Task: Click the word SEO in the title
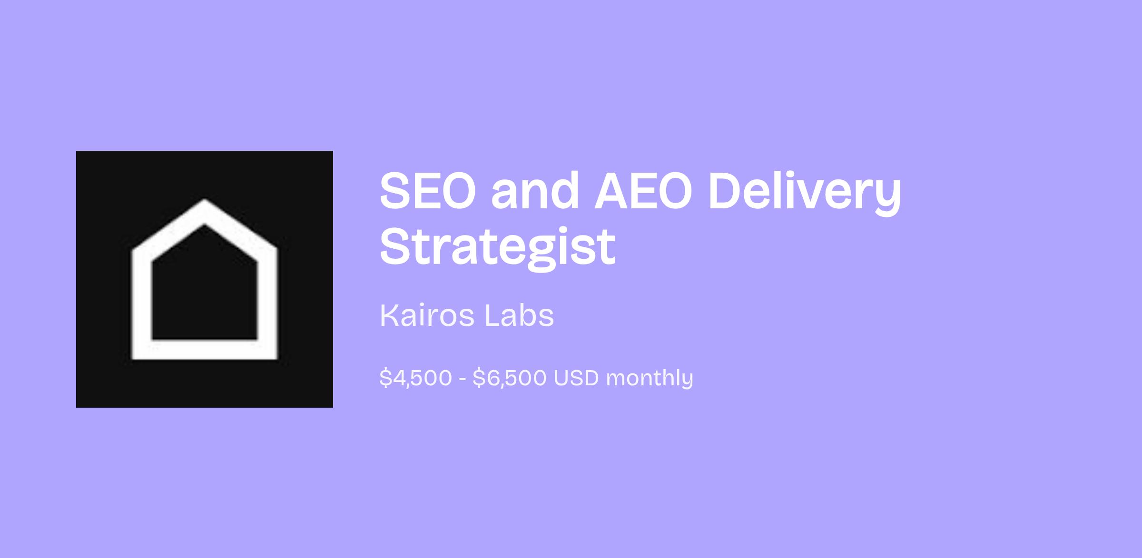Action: click(x=428, y=191)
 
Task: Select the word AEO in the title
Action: click(x=642, y=191)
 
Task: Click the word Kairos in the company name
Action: click(x=427, y=315)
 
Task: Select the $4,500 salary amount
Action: click(x=415, y=378)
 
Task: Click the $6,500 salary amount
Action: click(x=510, y=378)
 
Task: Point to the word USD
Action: click(x=576, y=378)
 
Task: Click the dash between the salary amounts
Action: click(x=463, y=379)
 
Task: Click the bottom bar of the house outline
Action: click(x=205, y=350)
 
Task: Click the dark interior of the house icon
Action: click(x=205, y=290)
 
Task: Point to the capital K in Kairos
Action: click(x=389, y=315)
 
